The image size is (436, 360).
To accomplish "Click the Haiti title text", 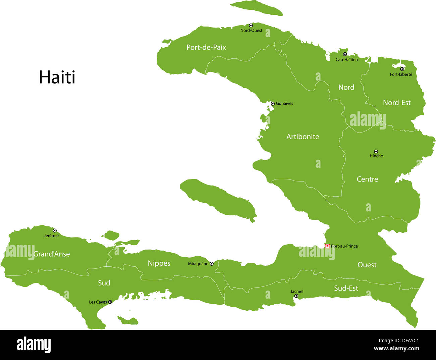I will [57, 78].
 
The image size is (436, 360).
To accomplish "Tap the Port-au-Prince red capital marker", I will [327, 246].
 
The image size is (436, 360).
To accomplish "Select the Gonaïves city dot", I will [273, 104].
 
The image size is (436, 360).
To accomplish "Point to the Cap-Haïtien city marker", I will [345, 54].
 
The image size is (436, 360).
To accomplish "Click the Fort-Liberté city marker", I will [402, 69].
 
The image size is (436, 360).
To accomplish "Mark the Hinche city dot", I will [376, 152].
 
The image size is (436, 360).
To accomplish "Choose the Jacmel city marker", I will [296, 296].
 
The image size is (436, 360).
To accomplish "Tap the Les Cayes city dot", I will [110, 302].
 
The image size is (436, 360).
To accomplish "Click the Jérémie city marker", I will [55, 230].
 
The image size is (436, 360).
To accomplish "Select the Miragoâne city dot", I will [212, 264].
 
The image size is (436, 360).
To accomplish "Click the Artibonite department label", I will [303, 137].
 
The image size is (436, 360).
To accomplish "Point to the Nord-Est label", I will [397, 103].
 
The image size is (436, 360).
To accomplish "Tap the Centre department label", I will [367, 179].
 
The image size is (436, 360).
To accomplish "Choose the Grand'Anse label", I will [52, 254].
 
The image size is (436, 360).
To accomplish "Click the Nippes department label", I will [159, 263].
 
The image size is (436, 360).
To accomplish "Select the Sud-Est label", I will [346, 288].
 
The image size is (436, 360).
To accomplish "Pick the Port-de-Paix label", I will [206, 47].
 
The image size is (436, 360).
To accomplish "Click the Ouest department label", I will [367, 265].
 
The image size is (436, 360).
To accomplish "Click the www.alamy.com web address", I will [396, 349].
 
